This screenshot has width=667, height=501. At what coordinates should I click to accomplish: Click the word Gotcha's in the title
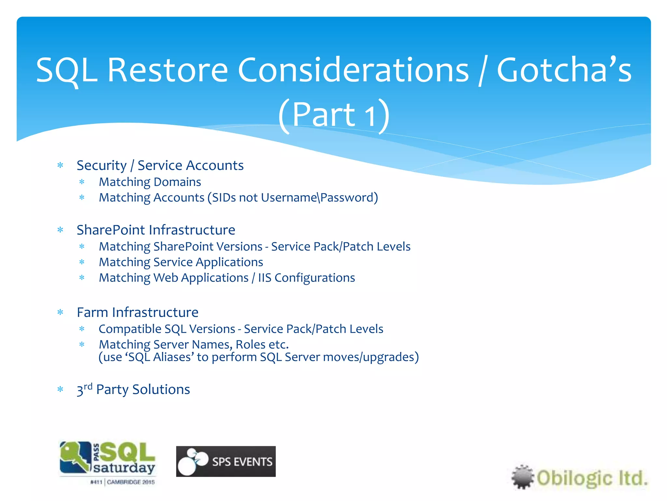564,70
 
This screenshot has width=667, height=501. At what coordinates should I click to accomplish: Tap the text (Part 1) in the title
334,115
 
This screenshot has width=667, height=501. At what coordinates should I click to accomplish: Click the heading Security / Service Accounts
160,165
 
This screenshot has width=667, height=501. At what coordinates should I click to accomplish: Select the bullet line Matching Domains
150,182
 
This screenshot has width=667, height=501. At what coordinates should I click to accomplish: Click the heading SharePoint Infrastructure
156,230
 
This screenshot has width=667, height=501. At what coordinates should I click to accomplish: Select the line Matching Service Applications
181,262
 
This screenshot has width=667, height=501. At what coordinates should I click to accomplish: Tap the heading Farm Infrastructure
137,312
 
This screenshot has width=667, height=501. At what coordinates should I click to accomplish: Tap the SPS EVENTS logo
226,462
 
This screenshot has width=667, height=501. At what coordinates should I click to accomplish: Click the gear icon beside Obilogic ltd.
522,477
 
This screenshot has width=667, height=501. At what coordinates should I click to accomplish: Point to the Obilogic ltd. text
592,478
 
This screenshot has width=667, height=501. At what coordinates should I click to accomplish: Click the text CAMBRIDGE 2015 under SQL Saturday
131,482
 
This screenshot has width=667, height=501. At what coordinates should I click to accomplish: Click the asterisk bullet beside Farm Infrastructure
60,312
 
